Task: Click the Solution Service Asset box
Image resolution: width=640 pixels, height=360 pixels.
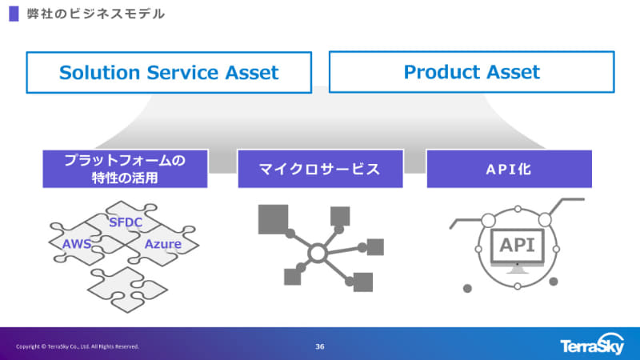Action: pyautogui.click(x=169, y=73)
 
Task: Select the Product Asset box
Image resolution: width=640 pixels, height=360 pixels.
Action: pyautogui.click(x=472, y=72)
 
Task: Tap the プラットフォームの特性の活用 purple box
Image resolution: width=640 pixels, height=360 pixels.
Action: pyautogui.click(x=125, y=169)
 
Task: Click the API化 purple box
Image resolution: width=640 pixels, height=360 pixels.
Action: pyautogui.click(x=509, y=169)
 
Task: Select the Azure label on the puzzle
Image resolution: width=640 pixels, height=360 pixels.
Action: pyautogui.click(x=162, y=243)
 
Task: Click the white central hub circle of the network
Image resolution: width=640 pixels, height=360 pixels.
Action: pyautogui.click(x=317, y=254)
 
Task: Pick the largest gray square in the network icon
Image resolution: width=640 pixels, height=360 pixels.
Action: pyautogui.click(x=273, y=218)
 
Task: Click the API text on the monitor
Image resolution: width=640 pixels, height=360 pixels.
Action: pyautogui.click(x=518, y=245)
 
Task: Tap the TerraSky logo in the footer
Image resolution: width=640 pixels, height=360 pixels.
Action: pyautogui.click(x=593, y=346)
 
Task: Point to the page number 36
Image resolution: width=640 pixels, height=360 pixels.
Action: pyautogui.click(x=320, y=346)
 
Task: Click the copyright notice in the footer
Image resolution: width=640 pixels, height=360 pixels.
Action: pyautogui.click(x=78, y=346)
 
